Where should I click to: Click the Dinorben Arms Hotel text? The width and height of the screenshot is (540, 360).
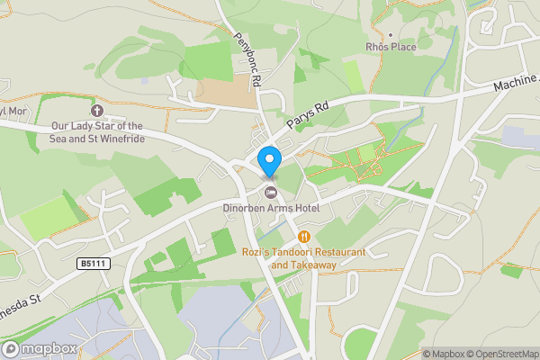271,209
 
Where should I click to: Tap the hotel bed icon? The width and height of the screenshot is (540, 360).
270,192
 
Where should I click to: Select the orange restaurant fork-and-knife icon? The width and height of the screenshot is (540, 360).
304,237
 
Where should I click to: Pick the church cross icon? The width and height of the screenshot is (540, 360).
97,110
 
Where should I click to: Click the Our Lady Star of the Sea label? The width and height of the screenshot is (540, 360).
97,126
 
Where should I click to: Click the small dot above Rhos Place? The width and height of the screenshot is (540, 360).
389,31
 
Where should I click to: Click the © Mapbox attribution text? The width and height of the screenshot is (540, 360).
445,354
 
